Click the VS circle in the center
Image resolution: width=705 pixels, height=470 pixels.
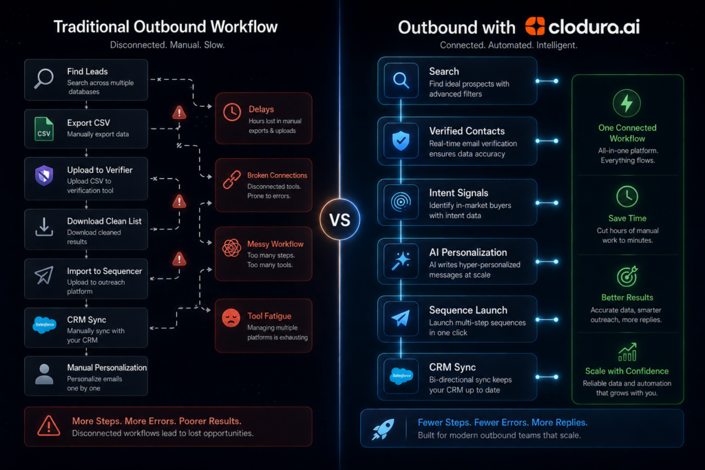[x=339, y=220]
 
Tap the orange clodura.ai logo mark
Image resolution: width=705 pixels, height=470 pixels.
[x=534, y=27]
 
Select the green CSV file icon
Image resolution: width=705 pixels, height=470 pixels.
[x=44, y=129]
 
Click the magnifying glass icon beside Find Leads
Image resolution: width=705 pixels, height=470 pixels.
[x=44, y=79]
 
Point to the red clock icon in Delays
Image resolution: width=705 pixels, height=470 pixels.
[x=232, y=112]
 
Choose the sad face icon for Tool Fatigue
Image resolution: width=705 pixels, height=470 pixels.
[x=231, y=318]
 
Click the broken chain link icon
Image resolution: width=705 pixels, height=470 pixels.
[x=232, y=180]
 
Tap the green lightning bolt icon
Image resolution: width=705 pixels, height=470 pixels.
[x=627, y=103]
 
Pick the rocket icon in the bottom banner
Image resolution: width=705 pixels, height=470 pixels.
[x=383, y=429]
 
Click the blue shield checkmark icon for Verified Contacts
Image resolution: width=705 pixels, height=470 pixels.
[x=401, y=141]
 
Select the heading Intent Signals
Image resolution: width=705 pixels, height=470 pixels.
[x=459, y=193]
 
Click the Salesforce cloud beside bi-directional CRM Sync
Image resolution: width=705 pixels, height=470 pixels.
[x=401, y=376]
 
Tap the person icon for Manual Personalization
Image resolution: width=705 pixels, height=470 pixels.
[x=44, y=374]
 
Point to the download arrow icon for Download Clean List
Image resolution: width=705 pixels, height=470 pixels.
[x=44, y=227]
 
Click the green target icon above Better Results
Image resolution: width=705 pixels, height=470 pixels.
[x=627, y=277]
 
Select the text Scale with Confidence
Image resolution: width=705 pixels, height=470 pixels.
[x=627, y=371]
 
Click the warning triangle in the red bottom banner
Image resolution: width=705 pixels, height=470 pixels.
[x=49, y=425]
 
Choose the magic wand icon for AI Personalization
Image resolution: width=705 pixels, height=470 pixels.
[x=401, y=261]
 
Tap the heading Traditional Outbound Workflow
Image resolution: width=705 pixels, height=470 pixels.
[x=165, y=27]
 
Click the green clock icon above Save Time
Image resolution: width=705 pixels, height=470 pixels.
[x=627, y=196]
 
